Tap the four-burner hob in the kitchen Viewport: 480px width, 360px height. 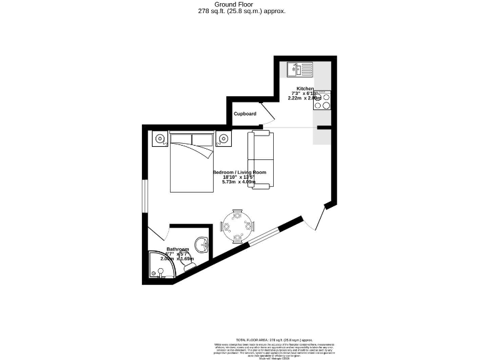coord(322,101)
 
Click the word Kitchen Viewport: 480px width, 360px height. coord(305,89)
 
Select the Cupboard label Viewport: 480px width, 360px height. coord(245,114)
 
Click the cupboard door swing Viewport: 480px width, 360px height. coord(267,114)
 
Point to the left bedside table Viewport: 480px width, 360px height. coord(160,139)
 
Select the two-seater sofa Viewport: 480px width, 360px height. coord(259,159)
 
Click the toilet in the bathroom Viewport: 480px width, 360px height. coord(188,268)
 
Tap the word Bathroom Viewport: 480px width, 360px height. coord(177,249)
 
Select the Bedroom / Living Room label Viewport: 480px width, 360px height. coord(239,172)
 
